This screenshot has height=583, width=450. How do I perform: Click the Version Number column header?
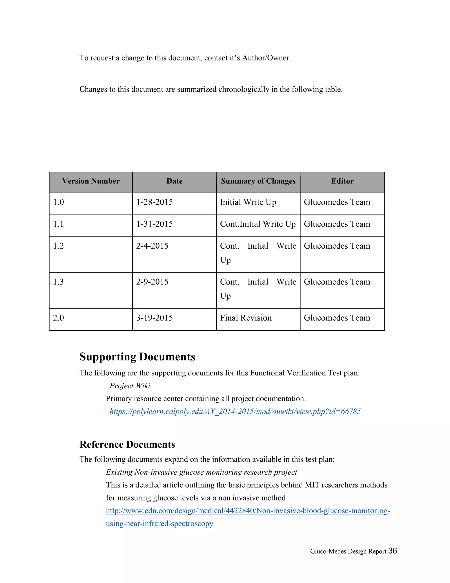point(91,181)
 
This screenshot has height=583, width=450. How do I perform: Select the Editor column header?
point(342,181)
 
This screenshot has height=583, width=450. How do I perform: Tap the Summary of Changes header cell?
point(258,181)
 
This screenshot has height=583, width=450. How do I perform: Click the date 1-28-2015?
point(154,202)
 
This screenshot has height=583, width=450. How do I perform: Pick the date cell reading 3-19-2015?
point(154,318)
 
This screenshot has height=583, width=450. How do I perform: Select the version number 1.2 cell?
point(58,246)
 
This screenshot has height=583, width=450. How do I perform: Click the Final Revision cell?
point(246,318)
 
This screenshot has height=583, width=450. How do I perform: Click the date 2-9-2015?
point(152,282)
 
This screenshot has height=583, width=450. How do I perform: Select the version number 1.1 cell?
point(58,224)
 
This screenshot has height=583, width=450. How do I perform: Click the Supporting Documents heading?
point(137,357)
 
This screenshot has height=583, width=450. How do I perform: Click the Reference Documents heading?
point(127,444)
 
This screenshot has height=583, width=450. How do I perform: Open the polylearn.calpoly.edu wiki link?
point(235,411)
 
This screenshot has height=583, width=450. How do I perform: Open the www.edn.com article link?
point(248,511)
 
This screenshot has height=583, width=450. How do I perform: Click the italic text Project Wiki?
point(130,386)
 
